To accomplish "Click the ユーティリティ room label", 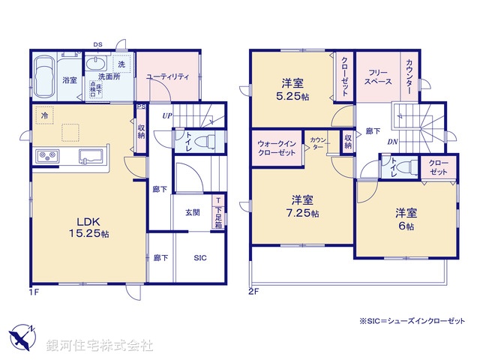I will (x=167, y=77).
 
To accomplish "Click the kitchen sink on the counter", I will (x=92, y=156).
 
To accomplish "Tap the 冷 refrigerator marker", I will (x=45, y=117).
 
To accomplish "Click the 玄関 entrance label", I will (x=193, y=212).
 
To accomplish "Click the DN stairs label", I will (x=392, y=142).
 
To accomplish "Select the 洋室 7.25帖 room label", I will (x=303, y=207).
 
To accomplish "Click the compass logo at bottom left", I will (x=22, y=338).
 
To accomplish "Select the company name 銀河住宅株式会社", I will (x=99, y=346).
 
